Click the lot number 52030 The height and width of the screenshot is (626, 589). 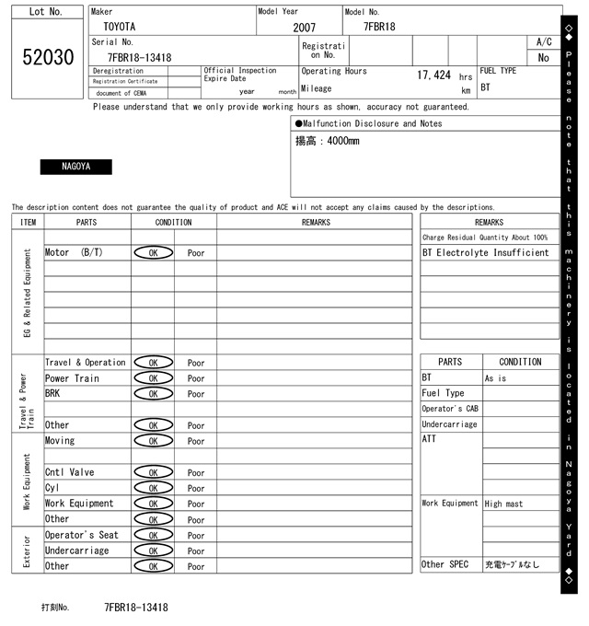pyautogui.click(x=48, y=58)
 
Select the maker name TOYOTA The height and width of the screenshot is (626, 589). pyautogui.click(x=121, y=27)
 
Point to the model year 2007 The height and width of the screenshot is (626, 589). pyautogui.click(x=304, y=28)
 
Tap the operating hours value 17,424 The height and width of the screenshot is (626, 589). pyautogui.click(x=433, y=75)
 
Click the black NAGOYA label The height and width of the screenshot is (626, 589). pyautogui.click(x=75, y=167)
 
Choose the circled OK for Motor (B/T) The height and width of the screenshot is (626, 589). pyautogui.click(x=153, y=252)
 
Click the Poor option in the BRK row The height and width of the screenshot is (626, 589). pyautogui.click(x=196, y=394)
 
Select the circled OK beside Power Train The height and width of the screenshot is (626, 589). pyautogui.click(x=153, y=378)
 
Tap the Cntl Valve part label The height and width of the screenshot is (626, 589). pyautogui.click(x=69, y=472)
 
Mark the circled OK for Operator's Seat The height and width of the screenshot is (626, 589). pyautogui.click(x=153, y=535)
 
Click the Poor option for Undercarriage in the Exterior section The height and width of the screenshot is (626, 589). pyautogui.click(x=196, y=551)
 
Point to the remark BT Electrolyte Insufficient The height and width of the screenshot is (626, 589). pyautogui.click(x=485, y=252)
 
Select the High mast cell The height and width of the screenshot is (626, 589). pyautogui.click(x=505, y=504)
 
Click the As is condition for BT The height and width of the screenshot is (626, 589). pyautogui.click(x=496, y=378)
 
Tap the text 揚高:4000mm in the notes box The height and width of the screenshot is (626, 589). pyautogui.click(x=328, y=141)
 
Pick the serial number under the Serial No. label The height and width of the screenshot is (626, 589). pyautogui.click(x=139, y=57)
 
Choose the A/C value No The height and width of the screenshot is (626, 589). pyautogui.click(x=543, y=58)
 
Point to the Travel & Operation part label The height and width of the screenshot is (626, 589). pyautogui.click(x=85, y=363)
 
